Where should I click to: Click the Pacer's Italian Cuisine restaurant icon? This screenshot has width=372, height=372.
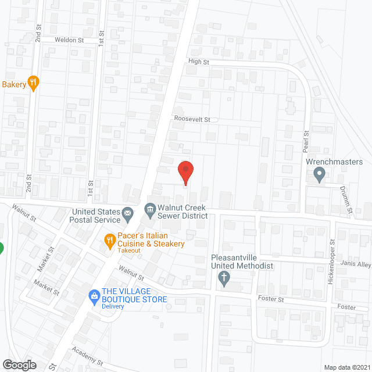coord(109,239)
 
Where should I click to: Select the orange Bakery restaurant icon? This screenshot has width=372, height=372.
coord(34,84)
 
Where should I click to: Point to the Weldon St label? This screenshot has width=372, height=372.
coord(70,40)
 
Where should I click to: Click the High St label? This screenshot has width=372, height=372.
coord(198,62)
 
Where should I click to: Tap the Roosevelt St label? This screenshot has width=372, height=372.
coord(192,119)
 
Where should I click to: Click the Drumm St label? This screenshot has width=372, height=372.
coord(344,199)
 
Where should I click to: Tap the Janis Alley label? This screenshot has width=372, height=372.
coord(357,264)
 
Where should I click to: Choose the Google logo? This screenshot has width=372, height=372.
coord(19,364)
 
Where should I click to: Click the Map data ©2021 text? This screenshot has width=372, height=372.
coord(346,367)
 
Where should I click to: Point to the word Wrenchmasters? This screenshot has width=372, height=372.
coord(334,162)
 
